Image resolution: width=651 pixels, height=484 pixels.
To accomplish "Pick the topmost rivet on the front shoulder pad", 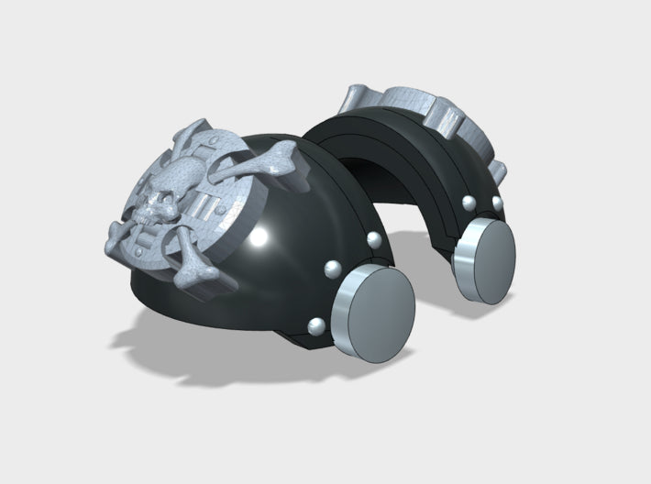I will tap(373, 241).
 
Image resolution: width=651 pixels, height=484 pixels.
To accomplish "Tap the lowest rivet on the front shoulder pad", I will tap(315, 325).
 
